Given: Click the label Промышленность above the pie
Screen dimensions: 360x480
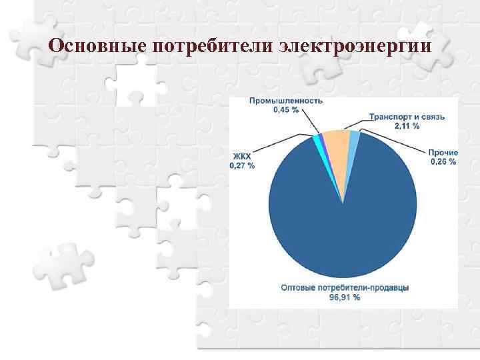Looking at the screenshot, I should pyautogui.click(x=286, y=101).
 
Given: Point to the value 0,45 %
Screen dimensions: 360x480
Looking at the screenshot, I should pyautogui.click(x=286, y=109).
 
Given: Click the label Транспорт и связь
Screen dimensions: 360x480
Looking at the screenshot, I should pyautogui.click(x=407, y=117).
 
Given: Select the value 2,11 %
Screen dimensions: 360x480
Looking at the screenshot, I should pyautogui.click(x=407, y=125).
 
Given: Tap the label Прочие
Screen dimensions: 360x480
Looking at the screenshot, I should pyautogui.click(x=443, y=153).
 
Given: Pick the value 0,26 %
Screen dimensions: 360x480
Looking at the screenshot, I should pyautogui.click(x=443, y=161).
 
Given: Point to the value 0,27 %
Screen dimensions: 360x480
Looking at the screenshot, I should pyautogui.click(x=242, y=165).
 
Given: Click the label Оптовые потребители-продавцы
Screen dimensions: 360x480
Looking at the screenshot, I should pyautogui.click(x=345, y=288).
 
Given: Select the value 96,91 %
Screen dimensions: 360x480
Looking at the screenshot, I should pyautogui.click(x=345, y=297).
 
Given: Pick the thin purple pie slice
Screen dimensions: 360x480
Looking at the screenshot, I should pyautogui.click(x=321, y=138).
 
